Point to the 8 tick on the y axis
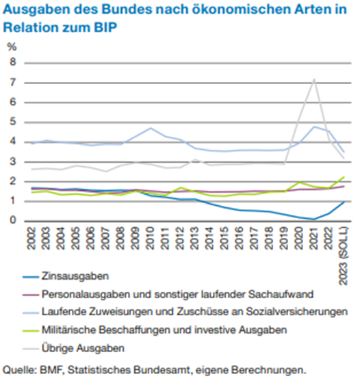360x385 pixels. click(12, 62)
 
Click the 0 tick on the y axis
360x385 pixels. click(12, 220)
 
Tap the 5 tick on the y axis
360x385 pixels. click(12, 122)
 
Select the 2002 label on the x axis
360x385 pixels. click(31, 238)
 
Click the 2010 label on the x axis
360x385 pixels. click(150, 238)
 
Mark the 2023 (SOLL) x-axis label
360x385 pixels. click(343, 256)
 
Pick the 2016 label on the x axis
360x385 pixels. click(239, 238)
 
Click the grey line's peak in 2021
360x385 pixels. click(313, 79)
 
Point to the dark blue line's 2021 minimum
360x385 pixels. click(313, 219)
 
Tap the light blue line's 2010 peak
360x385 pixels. click(151, 128)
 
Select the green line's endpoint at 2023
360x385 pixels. click(344, 177)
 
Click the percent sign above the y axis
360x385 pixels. click(12, 47)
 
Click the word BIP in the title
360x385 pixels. click(105, 27)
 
